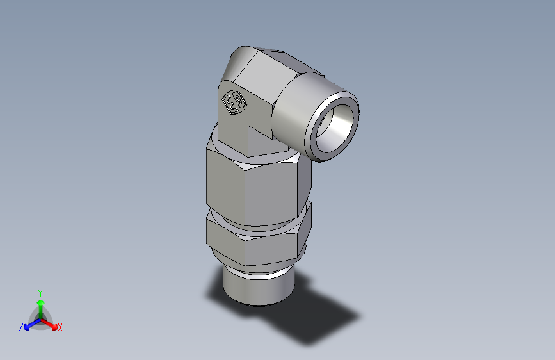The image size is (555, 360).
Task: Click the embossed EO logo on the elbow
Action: (232, 102)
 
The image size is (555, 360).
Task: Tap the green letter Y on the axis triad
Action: (40, 291)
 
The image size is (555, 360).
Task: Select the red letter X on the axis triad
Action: (60, 327)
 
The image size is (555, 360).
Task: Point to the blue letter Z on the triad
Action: (21, 327)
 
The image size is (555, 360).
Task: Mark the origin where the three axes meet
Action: (40, 318)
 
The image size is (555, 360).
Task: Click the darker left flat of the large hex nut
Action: (224, 183)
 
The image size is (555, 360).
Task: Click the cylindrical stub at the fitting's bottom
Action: (256, 288)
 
